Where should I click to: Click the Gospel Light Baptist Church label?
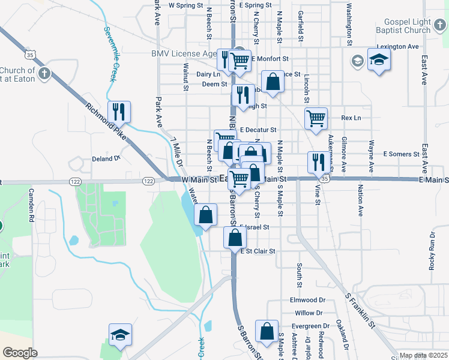pos(403,26)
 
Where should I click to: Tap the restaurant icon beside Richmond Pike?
pos(118,111)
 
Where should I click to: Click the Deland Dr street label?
pos(106,159)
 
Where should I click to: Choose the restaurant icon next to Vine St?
pos(317,161)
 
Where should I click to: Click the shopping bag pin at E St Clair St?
pos(234,238)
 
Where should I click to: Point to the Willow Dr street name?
pos(309,313)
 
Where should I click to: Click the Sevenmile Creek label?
pos(110,54)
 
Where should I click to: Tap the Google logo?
pos(20,353)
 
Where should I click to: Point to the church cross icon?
pos(44,74)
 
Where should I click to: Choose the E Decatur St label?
pos(258,130)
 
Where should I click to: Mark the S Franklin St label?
pos(360,311)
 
